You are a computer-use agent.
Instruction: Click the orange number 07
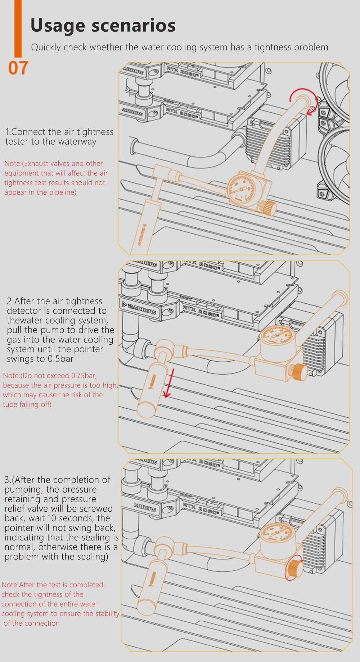18,68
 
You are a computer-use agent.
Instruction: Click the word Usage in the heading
58,26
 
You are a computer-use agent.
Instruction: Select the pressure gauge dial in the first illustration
242,187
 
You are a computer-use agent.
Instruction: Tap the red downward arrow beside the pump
169,384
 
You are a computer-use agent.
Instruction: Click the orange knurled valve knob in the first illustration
268,208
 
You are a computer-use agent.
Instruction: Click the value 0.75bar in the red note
84,376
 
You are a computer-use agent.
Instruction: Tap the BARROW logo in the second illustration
142,309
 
